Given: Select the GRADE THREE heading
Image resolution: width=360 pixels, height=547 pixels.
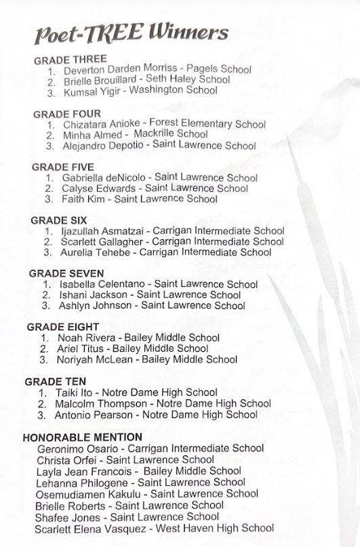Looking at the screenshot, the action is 71,60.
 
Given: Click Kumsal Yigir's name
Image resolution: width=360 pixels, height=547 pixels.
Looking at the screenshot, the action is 91,92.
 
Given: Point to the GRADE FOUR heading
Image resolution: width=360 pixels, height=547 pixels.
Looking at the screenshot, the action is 66,114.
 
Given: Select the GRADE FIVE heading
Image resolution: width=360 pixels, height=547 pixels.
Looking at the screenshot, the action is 63,167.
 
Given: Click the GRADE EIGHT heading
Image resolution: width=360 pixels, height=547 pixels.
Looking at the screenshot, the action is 63,327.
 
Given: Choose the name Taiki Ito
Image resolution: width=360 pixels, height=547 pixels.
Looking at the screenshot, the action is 75,392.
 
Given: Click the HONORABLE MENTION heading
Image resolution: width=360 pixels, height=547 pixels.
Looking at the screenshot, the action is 83,437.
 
